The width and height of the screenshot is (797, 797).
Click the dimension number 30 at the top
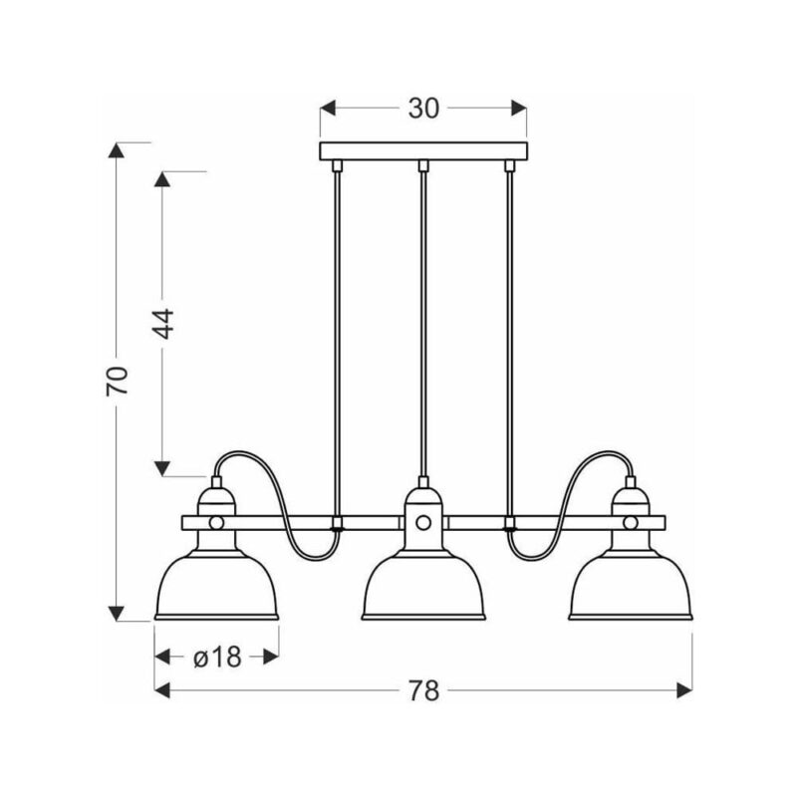coord(423,109)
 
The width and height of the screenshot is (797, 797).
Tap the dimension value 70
coord(117,381)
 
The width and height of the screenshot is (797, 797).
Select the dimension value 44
coord(163,324)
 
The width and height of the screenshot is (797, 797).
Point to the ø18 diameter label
coord(217,658)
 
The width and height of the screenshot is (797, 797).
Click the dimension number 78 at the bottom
coord(423,690)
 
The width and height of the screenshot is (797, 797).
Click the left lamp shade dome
coord(216,586)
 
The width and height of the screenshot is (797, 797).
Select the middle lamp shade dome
coord(423,586)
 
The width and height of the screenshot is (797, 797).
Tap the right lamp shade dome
coord(631,586)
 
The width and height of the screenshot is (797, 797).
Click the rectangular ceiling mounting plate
coord(423,151)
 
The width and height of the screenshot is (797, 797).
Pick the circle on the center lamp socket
coord(423,522)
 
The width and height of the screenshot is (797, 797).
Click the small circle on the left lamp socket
coord(216,522)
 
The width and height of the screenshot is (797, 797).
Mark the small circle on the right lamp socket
coord(631,522)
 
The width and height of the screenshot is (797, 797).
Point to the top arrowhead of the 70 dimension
coord(117,150)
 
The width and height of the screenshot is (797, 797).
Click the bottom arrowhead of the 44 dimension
coord(162,468)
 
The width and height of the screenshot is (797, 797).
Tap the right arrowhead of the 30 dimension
coord(518,108)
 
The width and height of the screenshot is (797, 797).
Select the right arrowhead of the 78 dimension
coord(684,690)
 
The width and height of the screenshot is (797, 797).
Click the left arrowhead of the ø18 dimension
coord(162,657)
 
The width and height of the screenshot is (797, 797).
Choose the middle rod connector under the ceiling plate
coord(423,165)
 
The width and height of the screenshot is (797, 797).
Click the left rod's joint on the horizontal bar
coord(336,523)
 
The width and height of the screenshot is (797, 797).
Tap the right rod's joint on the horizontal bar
coord(510,523)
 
